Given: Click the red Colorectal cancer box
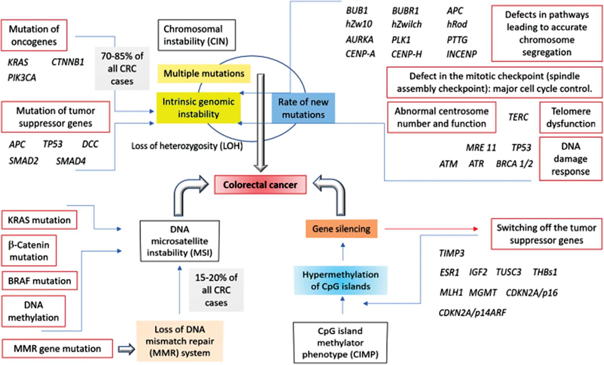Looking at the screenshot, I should click(260, 185).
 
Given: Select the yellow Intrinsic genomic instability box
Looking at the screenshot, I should click(198, 108).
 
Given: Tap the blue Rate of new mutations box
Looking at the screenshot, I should click(303, 108).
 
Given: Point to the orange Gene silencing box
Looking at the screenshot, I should click(341, 229).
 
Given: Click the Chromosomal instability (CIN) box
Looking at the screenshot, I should click(196, 35).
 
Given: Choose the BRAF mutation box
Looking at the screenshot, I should click(39, 281).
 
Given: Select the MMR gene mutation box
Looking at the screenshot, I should click(57, 349).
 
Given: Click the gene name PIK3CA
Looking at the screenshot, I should click(22, 77).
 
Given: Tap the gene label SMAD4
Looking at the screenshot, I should click(71, 161).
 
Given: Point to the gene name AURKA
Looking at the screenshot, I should click(359, 40).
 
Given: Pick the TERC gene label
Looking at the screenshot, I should click(518, 117).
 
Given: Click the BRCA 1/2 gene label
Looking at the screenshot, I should click(514, 164).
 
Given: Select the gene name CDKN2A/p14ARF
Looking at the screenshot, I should click(472, 312).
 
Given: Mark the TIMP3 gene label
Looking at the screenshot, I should click(451, 253).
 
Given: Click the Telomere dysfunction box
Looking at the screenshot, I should click(571, 117).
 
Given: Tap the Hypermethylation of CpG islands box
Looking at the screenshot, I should click(340, 280).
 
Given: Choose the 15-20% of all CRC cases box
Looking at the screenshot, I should click(216, 290).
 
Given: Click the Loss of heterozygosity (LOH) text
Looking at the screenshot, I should click(187, 146).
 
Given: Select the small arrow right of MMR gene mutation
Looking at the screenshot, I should click(126, 349).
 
